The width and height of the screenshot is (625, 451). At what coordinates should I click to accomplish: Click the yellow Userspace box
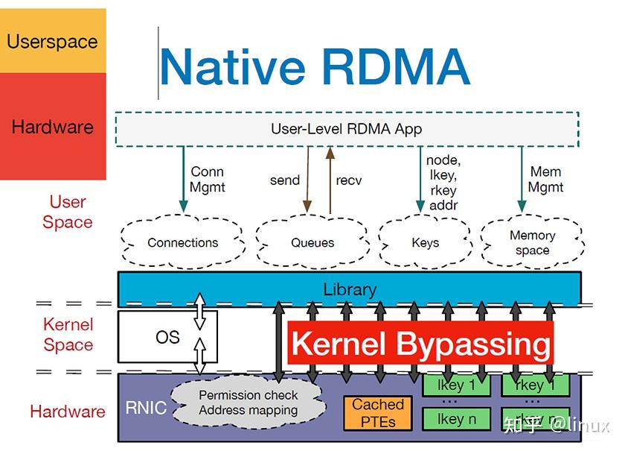click(x=52, y=41)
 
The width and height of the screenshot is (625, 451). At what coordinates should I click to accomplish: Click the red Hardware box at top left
click(x=52, y=127)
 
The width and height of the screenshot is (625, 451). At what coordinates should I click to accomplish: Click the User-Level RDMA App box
click(x=346, y=129)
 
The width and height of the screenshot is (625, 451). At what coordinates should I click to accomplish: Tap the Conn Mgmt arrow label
click(x=208, y=180)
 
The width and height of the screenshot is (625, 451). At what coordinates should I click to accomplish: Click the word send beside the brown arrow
click(x=284, y=180)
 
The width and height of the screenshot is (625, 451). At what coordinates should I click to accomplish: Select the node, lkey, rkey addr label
click(x=443, y=183)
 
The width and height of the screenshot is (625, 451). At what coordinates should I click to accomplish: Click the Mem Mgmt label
click(x=545, y=180)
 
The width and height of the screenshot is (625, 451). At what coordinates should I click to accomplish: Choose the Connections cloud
click(x=183, y=242)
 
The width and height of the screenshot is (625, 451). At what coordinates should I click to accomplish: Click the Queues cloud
click(x=312, y=242)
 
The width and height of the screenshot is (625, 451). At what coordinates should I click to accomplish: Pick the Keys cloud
click(x=425, y=242)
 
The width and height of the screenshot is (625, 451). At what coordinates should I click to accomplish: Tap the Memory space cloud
click(x=532, y=243)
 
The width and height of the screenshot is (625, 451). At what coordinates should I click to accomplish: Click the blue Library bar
click(x=350, y=288)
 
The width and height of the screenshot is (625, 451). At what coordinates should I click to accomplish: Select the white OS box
click(x=167, y=337)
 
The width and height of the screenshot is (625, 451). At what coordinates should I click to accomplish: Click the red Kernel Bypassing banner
click(x=421, y=344)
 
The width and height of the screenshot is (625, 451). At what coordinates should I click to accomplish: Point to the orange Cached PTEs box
click(x=378, y=412)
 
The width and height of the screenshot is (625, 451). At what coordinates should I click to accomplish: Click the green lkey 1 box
click(x=456, y=385)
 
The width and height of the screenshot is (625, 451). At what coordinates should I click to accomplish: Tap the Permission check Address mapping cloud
click(x=248, y=403)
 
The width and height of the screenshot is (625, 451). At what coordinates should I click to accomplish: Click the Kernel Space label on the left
click(x=68, y=335)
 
